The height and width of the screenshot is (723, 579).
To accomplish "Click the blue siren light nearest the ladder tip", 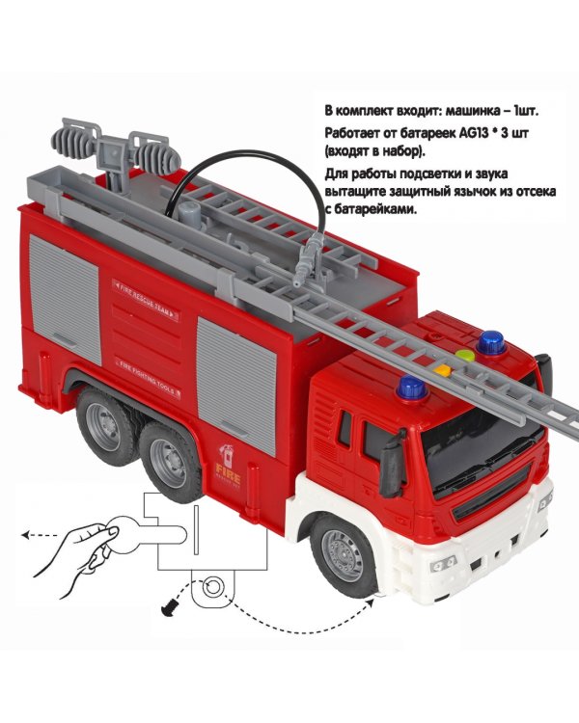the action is coord(491,342).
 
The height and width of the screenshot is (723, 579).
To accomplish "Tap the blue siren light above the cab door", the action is coord(412,388).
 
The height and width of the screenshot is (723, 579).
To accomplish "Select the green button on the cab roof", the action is coord(465,356).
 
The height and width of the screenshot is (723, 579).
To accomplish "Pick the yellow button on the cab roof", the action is coord(442,370).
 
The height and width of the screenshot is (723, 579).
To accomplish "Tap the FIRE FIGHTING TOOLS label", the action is coord(147,378).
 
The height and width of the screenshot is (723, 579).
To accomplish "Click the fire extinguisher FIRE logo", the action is coord(228,467).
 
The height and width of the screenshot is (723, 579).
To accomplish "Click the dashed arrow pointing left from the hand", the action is coord(40,535).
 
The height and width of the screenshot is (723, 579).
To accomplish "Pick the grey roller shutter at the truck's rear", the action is coord(65,299).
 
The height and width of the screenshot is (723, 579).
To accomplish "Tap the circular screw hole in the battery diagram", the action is coord(213,587).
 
